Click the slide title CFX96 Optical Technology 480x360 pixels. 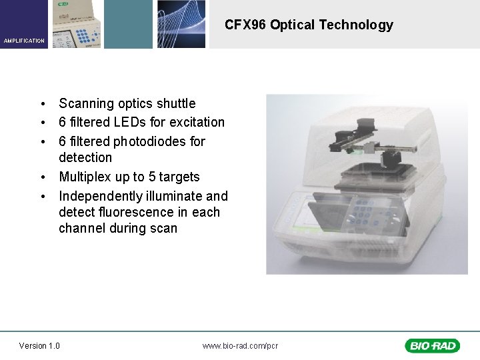[309, 25]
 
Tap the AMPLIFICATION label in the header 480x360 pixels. [24, 41]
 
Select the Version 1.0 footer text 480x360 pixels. [39, 345]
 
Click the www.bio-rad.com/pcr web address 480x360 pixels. [240, 345]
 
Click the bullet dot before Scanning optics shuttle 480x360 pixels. [42, 104]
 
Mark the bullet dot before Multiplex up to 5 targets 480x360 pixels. [42, 177]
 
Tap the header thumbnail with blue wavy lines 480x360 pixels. [181, 24]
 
